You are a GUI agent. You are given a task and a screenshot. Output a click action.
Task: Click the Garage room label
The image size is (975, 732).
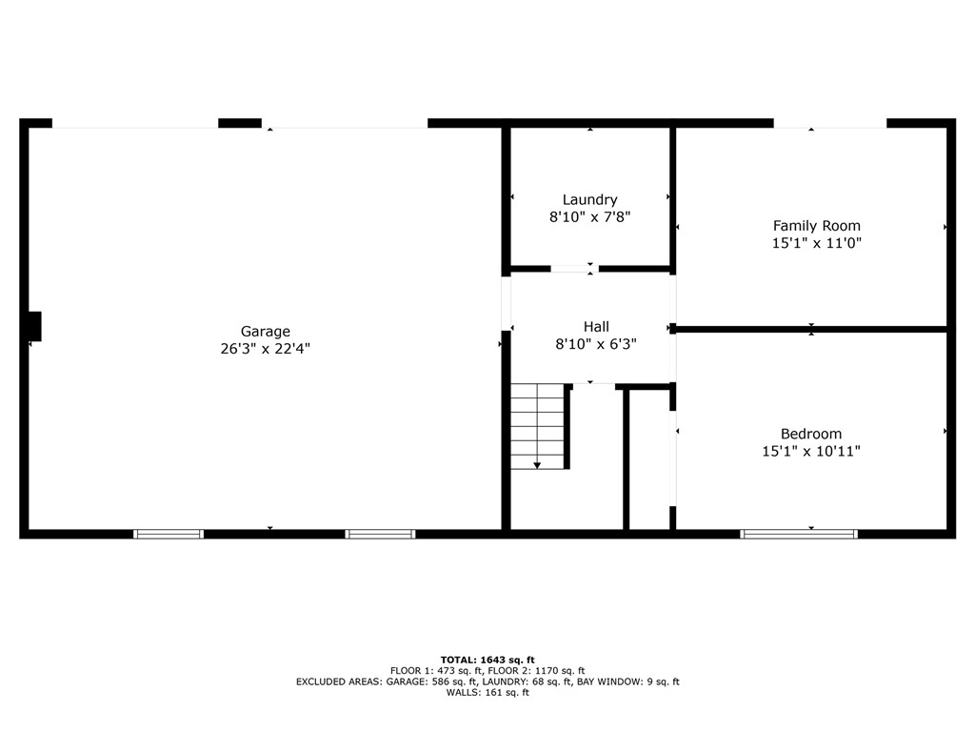point(266,332)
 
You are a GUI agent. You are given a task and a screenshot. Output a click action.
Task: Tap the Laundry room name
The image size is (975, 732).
point(590,200)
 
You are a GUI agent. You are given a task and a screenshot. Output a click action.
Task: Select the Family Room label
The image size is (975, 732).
point(816,226)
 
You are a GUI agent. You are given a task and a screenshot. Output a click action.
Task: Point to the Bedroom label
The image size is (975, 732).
point(811,434)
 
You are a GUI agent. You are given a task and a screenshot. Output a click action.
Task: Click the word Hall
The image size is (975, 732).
point(596,326)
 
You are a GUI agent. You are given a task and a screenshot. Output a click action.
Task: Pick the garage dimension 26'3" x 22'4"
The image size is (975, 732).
point(266,349)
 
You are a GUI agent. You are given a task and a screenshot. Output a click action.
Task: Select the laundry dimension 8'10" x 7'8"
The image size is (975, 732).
point(590,217)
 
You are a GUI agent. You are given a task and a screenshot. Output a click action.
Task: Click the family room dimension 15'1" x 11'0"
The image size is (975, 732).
point(816,243)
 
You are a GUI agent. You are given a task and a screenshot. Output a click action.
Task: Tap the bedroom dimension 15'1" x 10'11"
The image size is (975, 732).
point(811,451)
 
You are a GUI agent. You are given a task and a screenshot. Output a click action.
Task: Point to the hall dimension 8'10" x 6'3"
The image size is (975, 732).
point(596,343)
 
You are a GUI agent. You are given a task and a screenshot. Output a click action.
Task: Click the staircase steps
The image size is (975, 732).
point(537,426)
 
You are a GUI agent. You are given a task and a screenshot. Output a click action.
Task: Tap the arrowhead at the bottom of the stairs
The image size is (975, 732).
point(537,465)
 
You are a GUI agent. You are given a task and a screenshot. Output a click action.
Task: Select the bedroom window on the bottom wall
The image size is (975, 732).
point(799,534)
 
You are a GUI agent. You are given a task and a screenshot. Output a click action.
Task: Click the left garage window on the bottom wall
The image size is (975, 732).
point(169,534)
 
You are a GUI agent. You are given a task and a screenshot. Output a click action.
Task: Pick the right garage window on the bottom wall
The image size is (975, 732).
point(380,534)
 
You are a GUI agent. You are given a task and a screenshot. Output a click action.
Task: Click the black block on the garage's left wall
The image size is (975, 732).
point(35,326)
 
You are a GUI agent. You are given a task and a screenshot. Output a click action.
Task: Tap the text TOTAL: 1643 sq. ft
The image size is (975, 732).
point(487,660)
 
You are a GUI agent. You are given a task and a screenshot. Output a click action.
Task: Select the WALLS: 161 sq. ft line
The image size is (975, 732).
point(487,692)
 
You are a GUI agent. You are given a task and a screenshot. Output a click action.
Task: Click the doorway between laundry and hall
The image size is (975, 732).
point(574,269)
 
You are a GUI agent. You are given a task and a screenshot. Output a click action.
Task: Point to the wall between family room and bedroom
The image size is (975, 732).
point(811,329)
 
